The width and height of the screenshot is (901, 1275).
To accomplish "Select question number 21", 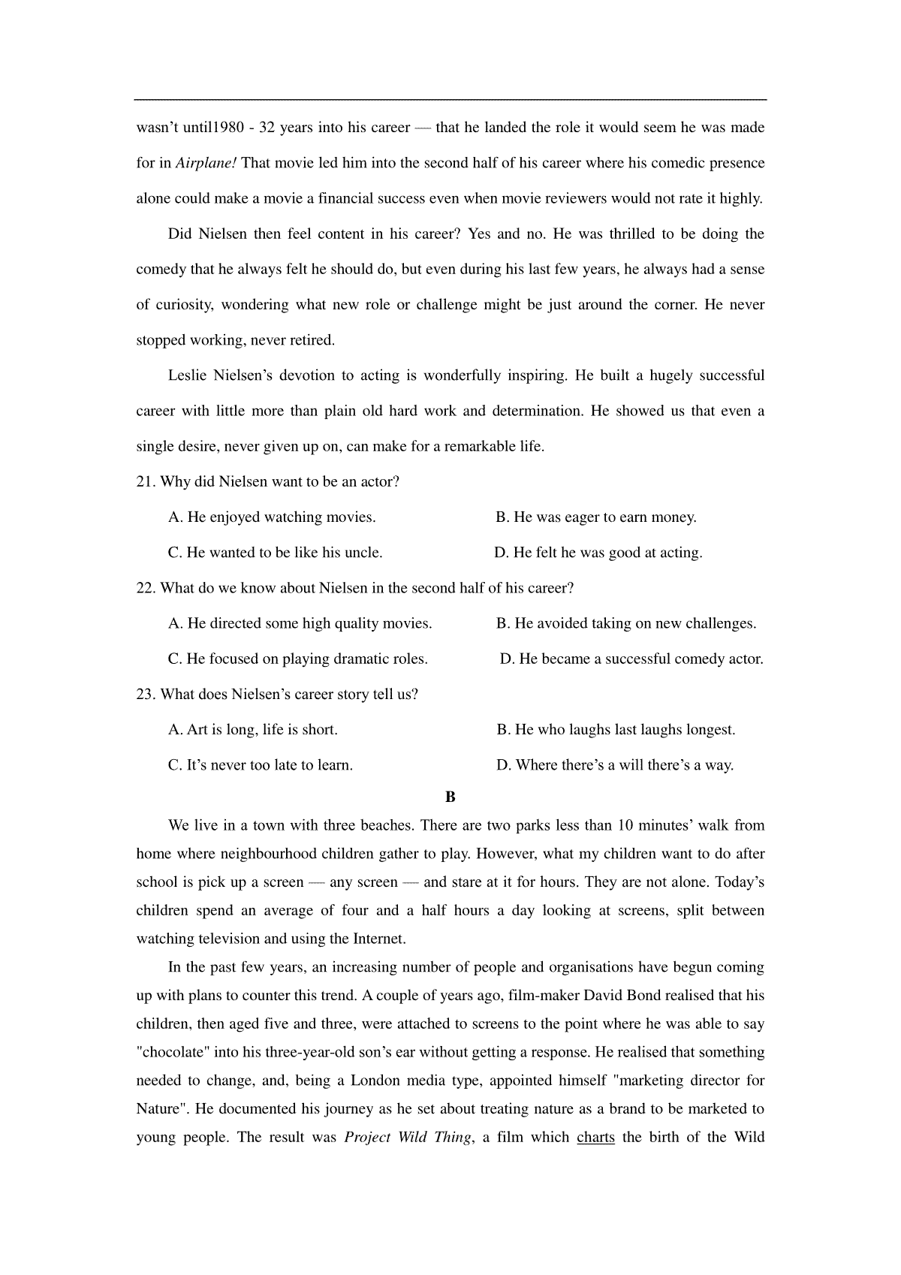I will tap(146, 482).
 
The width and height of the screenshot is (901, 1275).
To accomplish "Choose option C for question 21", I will tap(276, 553).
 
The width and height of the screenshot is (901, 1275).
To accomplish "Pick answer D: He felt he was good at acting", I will tap(598, 553).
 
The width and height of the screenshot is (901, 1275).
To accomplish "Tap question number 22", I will tap(146, 588).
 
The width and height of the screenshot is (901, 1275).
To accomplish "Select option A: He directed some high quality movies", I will tap(300, 623).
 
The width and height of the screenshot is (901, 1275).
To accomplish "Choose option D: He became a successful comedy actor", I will tap(631, 659).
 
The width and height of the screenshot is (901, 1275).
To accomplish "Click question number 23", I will tap(146, 695).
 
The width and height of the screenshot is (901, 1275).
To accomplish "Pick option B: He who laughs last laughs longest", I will tap(616, 730).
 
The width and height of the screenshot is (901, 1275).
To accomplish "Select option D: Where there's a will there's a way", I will tap(615, 765).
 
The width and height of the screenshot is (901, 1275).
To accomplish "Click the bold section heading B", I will tap(450, 797).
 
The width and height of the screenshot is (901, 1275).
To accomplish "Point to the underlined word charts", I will tap(595, 1137).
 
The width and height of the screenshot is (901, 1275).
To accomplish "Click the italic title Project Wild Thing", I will tap(408, 1137).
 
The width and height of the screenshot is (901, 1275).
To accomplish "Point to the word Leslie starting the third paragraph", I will tap(188, 375).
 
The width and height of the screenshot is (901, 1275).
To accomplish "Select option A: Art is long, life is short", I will tap(253, 730).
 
